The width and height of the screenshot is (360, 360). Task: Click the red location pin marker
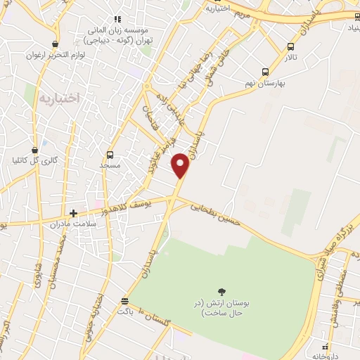tap(181, 166)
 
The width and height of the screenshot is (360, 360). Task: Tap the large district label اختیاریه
tap(63, 98)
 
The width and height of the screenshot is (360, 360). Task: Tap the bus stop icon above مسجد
tap(110, 155)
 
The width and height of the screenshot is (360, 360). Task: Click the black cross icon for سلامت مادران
tap(73, 212)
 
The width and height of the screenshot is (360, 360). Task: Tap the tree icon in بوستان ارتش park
tap(222, 292)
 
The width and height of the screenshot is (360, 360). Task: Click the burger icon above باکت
tap(124, 300)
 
